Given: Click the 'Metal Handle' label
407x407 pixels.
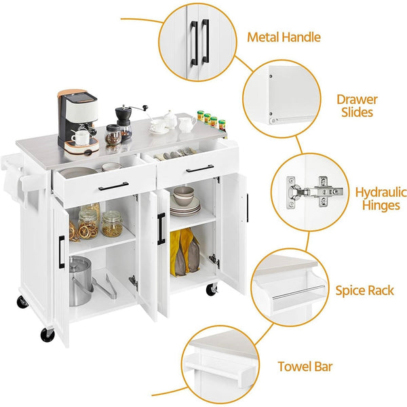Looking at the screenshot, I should tap(284, 37).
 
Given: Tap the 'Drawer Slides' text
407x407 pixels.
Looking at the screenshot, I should tap(357, 105).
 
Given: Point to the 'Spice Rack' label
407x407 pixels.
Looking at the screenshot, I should tap(364, 291).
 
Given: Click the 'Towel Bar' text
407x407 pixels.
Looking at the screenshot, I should tap(305, 367).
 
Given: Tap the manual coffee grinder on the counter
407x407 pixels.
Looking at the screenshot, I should tap(123, 123).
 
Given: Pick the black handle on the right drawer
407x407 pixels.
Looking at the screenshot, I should tap(200, 169).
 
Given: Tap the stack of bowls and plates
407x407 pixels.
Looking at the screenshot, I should tap(184, 202).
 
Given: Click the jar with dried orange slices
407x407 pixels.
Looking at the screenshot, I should tap(88, 224).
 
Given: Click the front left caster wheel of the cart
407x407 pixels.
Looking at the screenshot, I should tap(47, 334).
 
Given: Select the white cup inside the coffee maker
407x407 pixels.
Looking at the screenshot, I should tap(81, 137).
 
